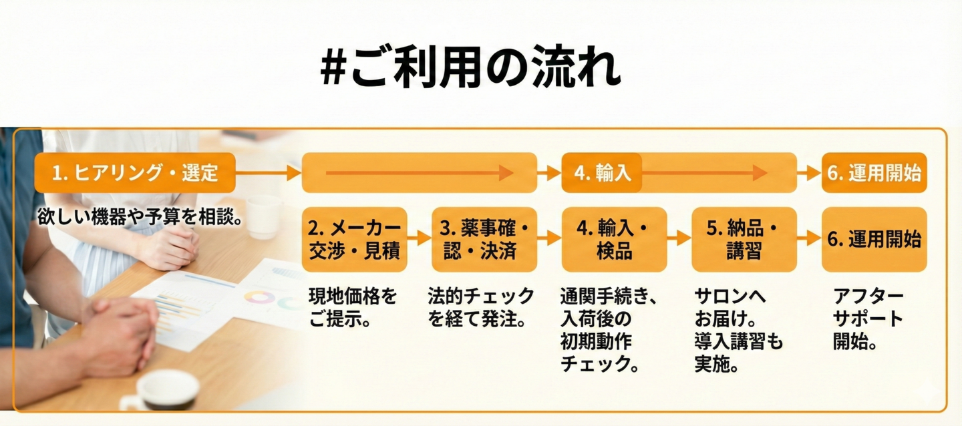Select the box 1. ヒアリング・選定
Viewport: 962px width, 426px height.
135,173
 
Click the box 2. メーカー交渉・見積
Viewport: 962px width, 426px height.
354,239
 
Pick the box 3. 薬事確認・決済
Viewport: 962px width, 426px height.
484,239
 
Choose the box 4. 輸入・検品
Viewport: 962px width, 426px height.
614,239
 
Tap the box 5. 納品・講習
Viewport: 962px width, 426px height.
744,239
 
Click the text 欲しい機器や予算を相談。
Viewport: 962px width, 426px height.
139,218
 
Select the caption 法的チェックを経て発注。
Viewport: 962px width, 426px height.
481,306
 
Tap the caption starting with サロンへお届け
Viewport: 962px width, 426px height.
738,330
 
